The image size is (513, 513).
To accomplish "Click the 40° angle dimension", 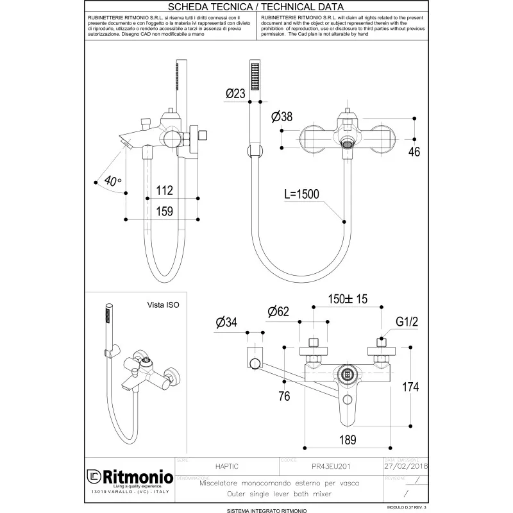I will pos(112,181).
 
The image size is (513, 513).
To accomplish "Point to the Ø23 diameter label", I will pos(235,94).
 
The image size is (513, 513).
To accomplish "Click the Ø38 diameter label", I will pos(282,117).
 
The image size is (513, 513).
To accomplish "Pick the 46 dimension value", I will pos(415,152).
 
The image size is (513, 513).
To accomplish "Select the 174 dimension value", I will pos(410,387).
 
